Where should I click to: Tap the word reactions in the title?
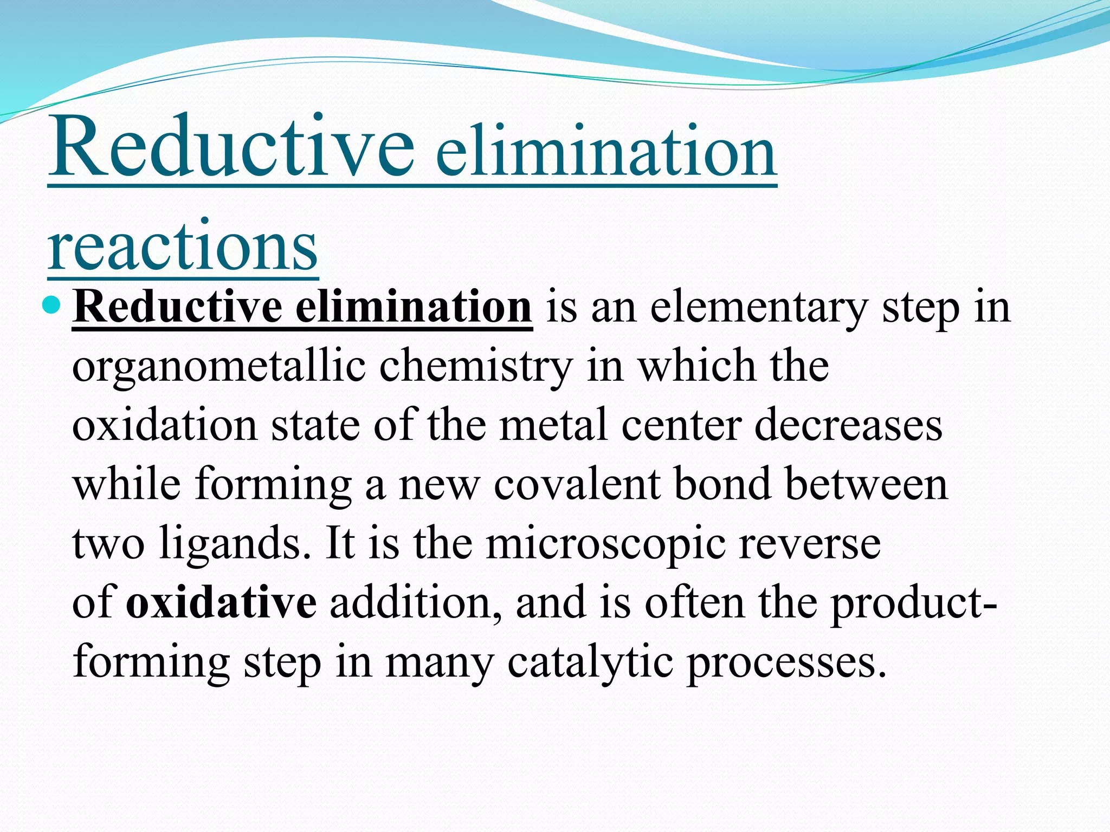click(183, 247)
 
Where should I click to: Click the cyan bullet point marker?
click(53, 305)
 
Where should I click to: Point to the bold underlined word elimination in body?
click(414, 308)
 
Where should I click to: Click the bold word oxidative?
click(221, 602)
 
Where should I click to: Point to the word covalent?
click(577, 484)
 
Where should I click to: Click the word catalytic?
click(590, 662)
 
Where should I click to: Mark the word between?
click(866, 484)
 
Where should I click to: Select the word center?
click(681, 426)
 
